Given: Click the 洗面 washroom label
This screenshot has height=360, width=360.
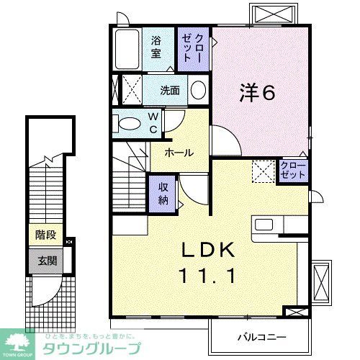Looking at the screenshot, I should coord(170,91).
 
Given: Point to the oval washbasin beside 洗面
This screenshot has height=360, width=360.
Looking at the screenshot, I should coord(198,90).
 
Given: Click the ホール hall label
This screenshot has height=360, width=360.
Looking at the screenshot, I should coord(178,153).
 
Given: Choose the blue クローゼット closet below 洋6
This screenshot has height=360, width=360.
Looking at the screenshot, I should coord(293,171).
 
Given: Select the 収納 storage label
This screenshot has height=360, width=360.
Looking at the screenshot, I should coord(163,192).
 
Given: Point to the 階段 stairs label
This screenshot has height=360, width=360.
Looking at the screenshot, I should coord(45,235).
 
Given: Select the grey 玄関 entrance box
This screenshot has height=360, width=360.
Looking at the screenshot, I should coord(45,260).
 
